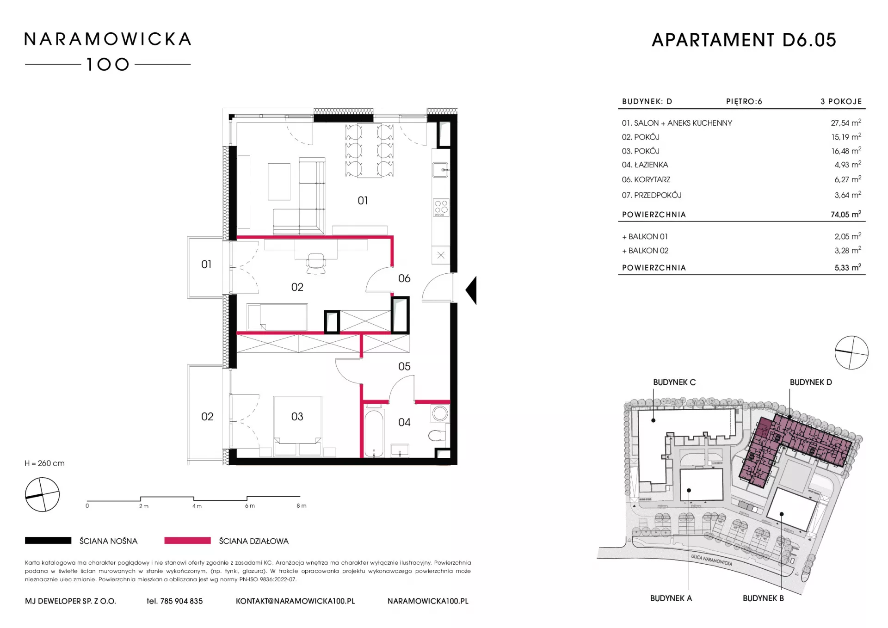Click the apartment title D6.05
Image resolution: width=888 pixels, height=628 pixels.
pyautogui.click(x=809, y=40)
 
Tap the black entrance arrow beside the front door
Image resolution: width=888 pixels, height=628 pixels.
pyautogui.click(x=471, y=290)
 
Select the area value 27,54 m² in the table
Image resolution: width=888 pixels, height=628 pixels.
pyautogui.click(x=846, y=123)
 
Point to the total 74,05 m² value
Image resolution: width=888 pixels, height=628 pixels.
pyautogui.click(x=846, y=214)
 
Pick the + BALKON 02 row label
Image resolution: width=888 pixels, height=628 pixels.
pyautogui.click(x=645, y=251)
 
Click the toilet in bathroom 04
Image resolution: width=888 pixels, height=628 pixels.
pyautogui.click(x=437, y=436)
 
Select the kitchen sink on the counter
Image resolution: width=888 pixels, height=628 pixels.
pyautogui.click(x=440, y=170)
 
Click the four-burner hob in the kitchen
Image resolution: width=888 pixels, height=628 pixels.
pyautogui.click(x=441, y=208)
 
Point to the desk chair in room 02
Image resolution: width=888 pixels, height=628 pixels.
pyautogui.click(x=316, y=263)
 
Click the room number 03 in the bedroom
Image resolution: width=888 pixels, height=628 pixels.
pyautogui.click(x=297, y=417)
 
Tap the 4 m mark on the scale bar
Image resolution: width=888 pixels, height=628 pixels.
pyautogui.click(x=197, y=506)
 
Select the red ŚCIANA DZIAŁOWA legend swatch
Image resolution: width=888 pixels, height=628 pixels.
pyautogui.click(x=187, y=541)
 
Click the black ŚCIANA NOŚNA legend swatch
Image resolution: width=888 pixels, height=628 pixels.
pyautogui.click(x=48, y=541)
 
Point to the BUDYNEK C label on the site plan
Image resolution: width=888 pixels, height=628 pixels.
pyautogui.click(x=674, y=382)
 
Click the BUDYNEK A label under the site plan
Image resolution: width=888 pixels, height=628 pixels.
pyautogui.click(x=671, y=598)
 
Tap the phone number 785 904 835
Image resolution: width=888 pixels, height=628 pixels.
pyautogui.click(x=181, y=601)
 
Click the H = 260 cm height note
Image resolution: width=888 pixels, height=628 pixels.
pyautogui.click(x=45, y=463)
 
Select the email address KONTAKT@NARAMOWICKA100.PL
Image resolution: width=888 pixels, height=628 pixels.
pyautogui.click(x=296, y=601)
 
